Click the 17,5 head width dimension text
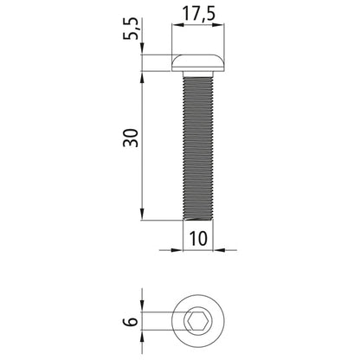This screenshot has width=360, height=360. (x=199, y=15)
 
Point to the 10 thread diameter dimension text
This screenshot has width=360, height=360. (x=199, y=239)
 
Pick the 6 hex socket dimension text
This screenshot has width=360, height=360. (x=130, y=321)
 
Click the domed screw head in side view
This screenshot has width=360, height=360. (x=199, y=62)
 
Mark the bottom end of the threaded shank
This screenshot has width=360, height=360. (x=199, y=219)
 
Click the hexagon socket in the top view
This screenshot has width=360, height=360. (x=199, y=322)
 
